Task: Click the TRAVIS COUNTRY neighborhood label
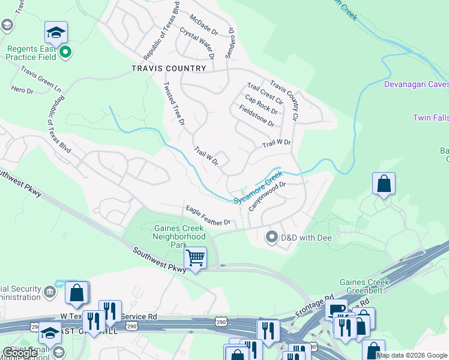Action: point(169,68)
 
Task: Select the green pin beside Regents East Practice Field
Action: point(66,53)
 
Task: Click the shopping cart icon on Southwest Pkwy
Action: point(195,259)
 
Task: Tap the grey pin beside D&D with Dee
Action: point(272,238)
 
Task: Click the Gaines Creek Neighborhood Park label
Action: point(180,236)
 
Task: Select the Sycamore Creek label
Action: point(258,187)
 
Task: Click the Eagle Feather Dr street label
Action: point(208,215)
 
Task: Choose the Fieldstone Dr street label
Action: point(256,116)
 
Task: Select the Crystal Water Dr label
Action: point(197,44)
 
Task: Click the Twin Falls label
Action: point(430,118)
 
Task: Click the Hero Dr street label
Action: point(22,89)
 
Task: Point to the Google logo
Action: point(20,353)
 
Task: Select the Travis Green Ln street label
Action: point(41,79)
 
